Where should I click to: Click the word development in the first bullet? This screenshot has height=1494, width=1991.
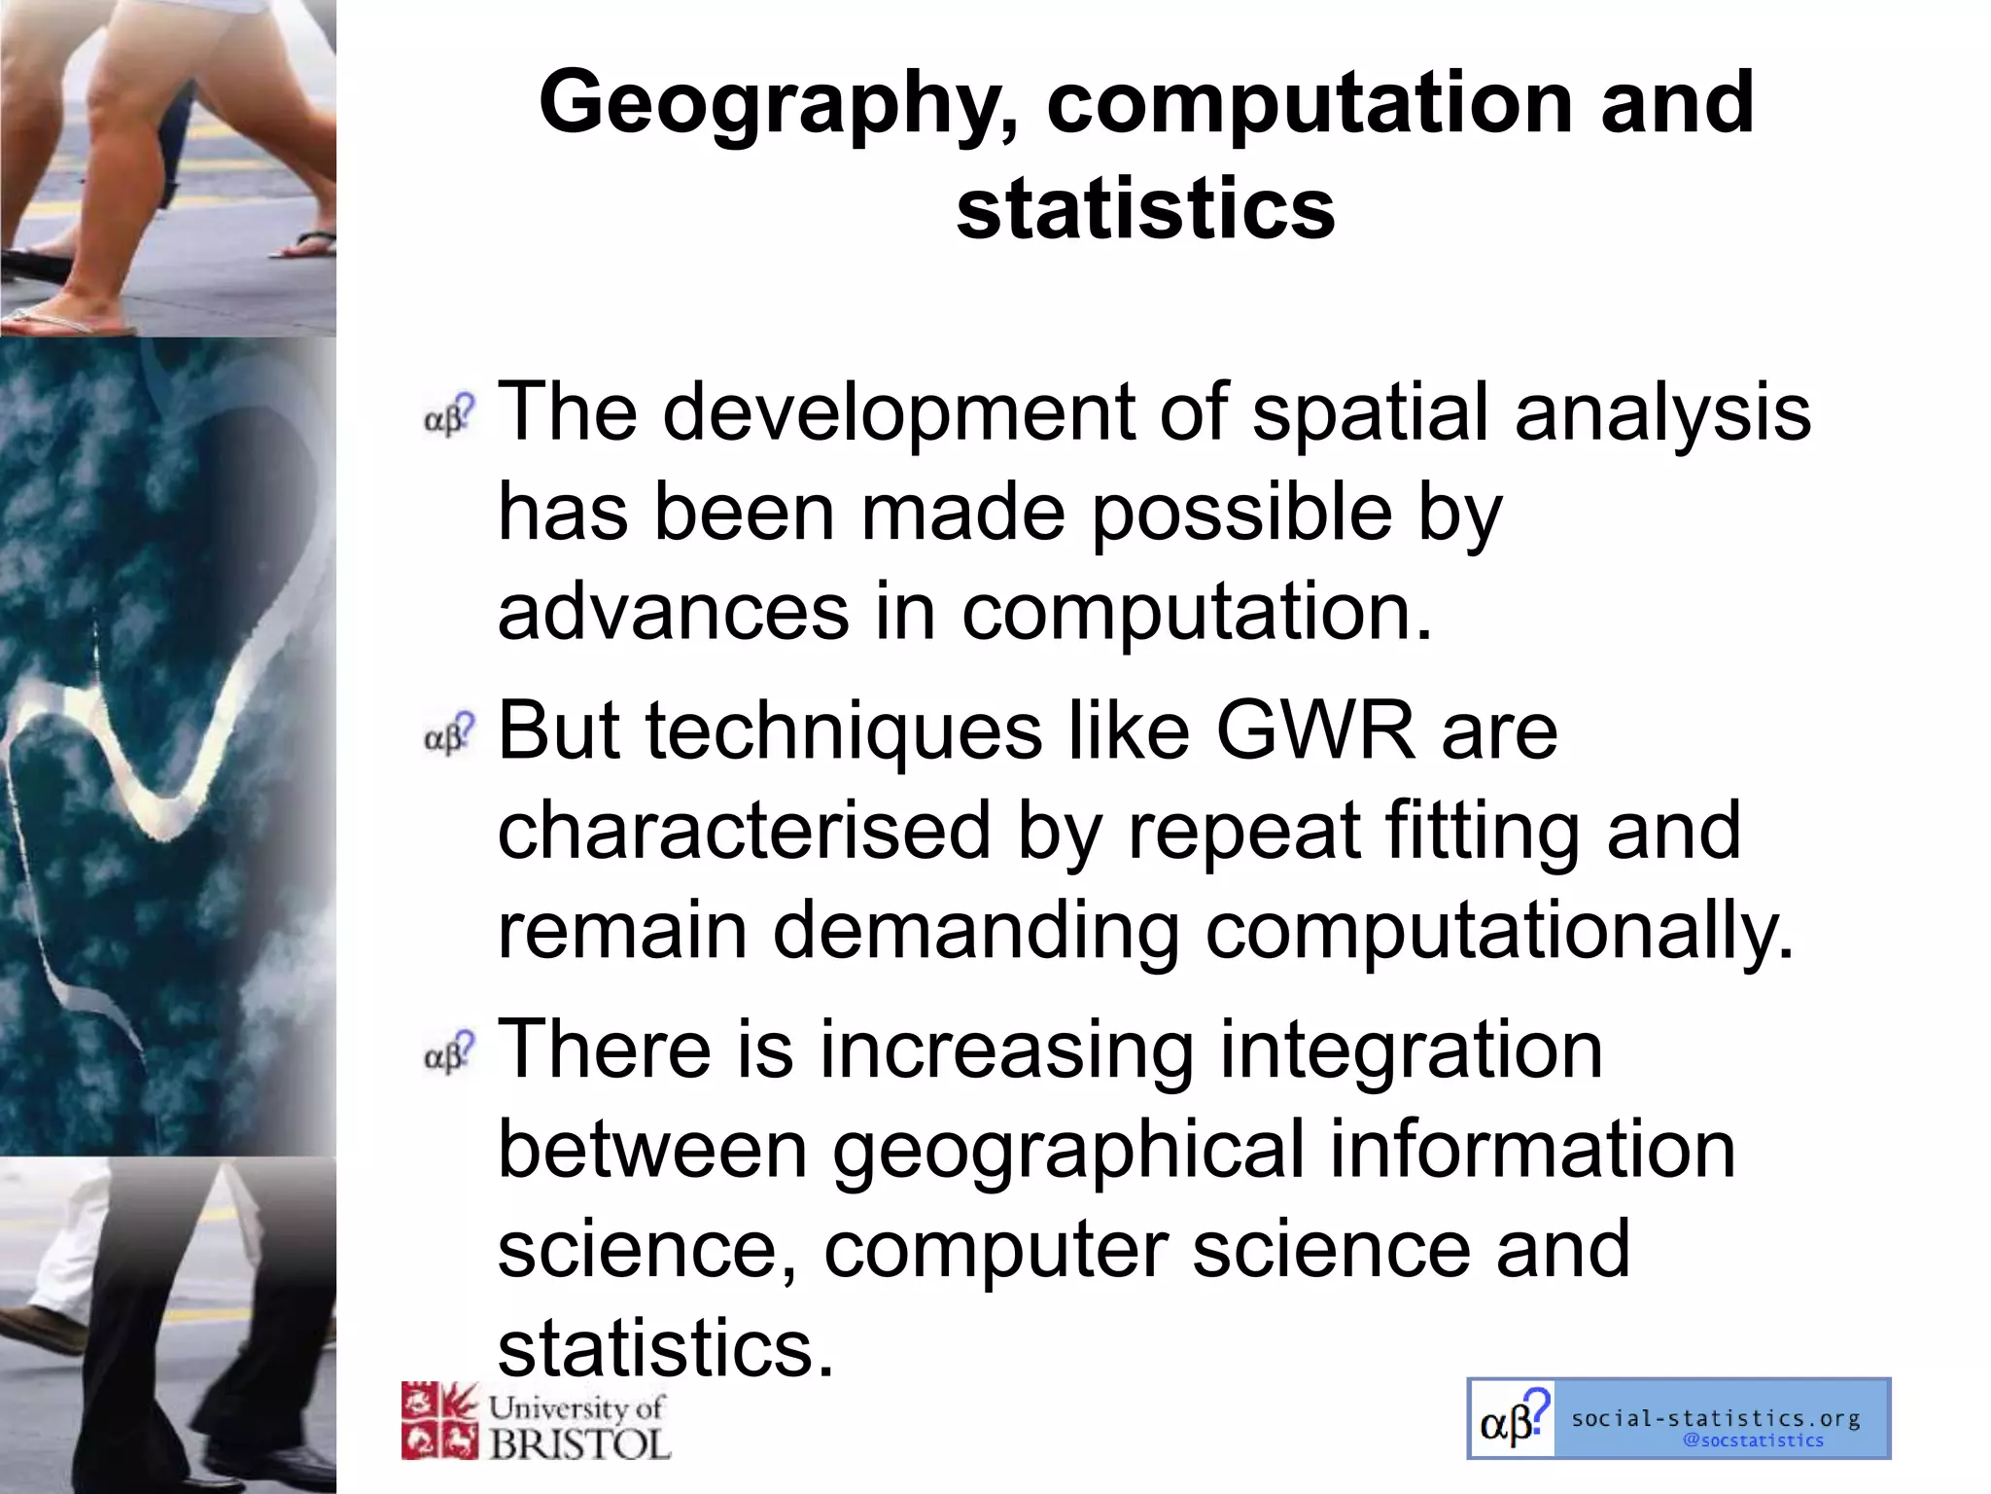click(899, 413)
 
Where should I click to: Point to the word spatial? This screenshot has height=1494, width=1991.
click(1371, 413)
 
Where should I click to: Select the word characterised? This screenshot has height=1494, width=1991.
click(744, 832)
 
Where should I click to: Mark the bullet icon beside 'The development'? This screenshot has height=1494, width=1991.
click(449, 416)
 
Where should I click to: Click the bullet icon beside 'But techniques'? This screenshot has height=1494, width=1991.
click(449, 734)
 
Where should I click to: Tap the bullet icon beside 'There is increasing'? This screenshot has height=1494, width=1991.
click(449, 1053)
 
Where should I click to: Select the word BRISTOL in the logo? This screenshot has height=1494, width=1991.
click(580, 1443)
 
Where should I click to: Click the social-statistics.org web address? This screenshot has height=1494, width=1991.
click(1716, 1418)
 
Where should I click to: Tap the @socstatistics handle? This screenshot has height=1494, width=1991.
click(1753, 1441)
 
